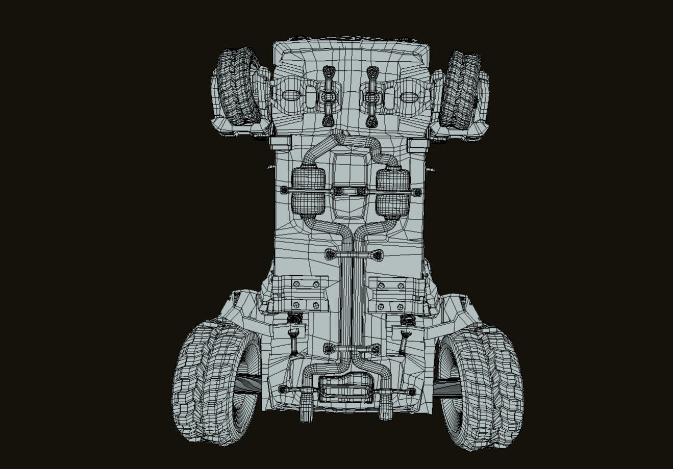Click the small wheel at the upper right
click(x=460, y=90)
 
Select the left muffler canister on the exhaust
click(x=308, y=193)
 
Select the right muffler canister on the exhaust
click(x=393, y=193)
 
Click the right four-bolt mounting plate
click(x=391, y=295)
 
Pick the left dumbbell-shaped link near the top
click(x=329, y=96)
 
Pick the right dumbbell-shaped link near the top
click(x=372, y=96)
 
